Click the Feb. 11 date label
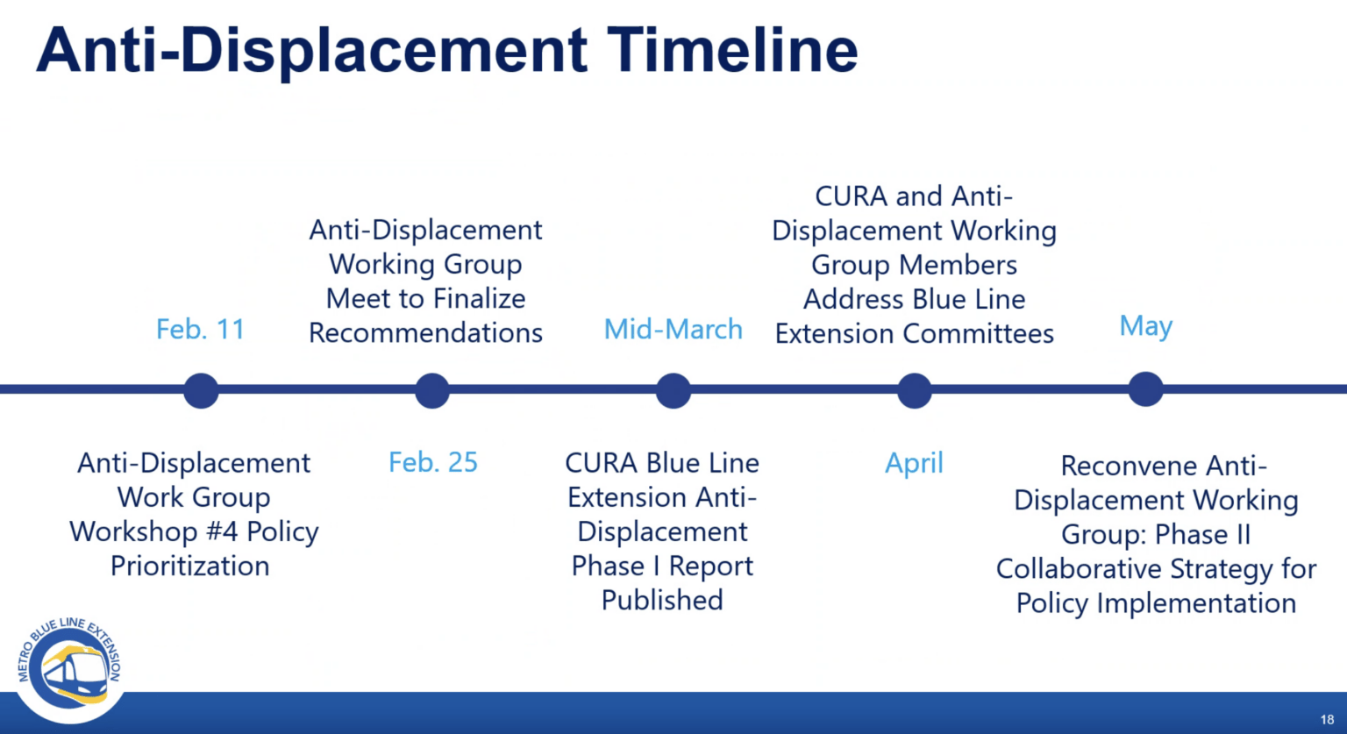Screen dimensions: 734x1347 point(200,330)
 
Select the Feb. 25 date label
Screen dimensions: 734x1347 point(433,462)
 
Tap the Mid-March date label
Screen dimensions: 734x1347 point(673,330)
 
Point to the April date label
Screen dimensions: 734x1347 point(914,463)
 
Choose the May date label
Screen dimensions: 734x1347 point(1145,326)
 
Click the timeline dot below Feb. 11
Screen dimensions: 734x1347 point(201,390)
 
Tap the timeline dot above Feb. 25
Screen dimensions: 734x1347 point(432,390)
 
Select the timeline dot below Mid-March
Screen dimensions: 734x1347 point(673,390)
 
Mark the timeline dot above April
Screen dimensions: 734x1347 point(914,390)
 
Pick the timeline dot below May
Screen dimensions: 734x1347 point(1145,389)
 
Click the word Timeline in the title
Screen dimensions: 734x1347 point(732,50)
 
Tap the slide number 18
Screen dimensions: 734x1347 point(1327,719)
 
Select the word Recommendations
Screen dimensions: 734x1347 point(425,333)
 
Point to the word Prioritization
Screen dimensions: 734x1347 point(189,567)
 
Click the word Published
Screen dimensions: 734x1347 point(662,601)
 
